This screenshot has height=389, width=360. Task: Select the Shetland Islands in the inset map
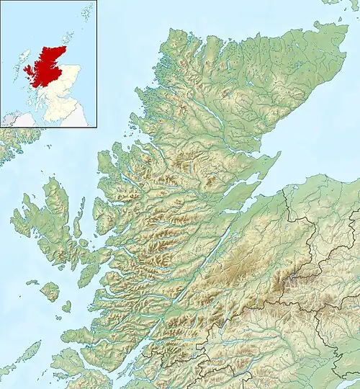tap(87, 12)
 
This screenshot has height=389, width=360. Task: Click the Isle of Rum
tap(50, 290)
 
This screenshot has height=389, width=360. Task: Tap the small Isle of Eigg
tap(66, 307)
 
